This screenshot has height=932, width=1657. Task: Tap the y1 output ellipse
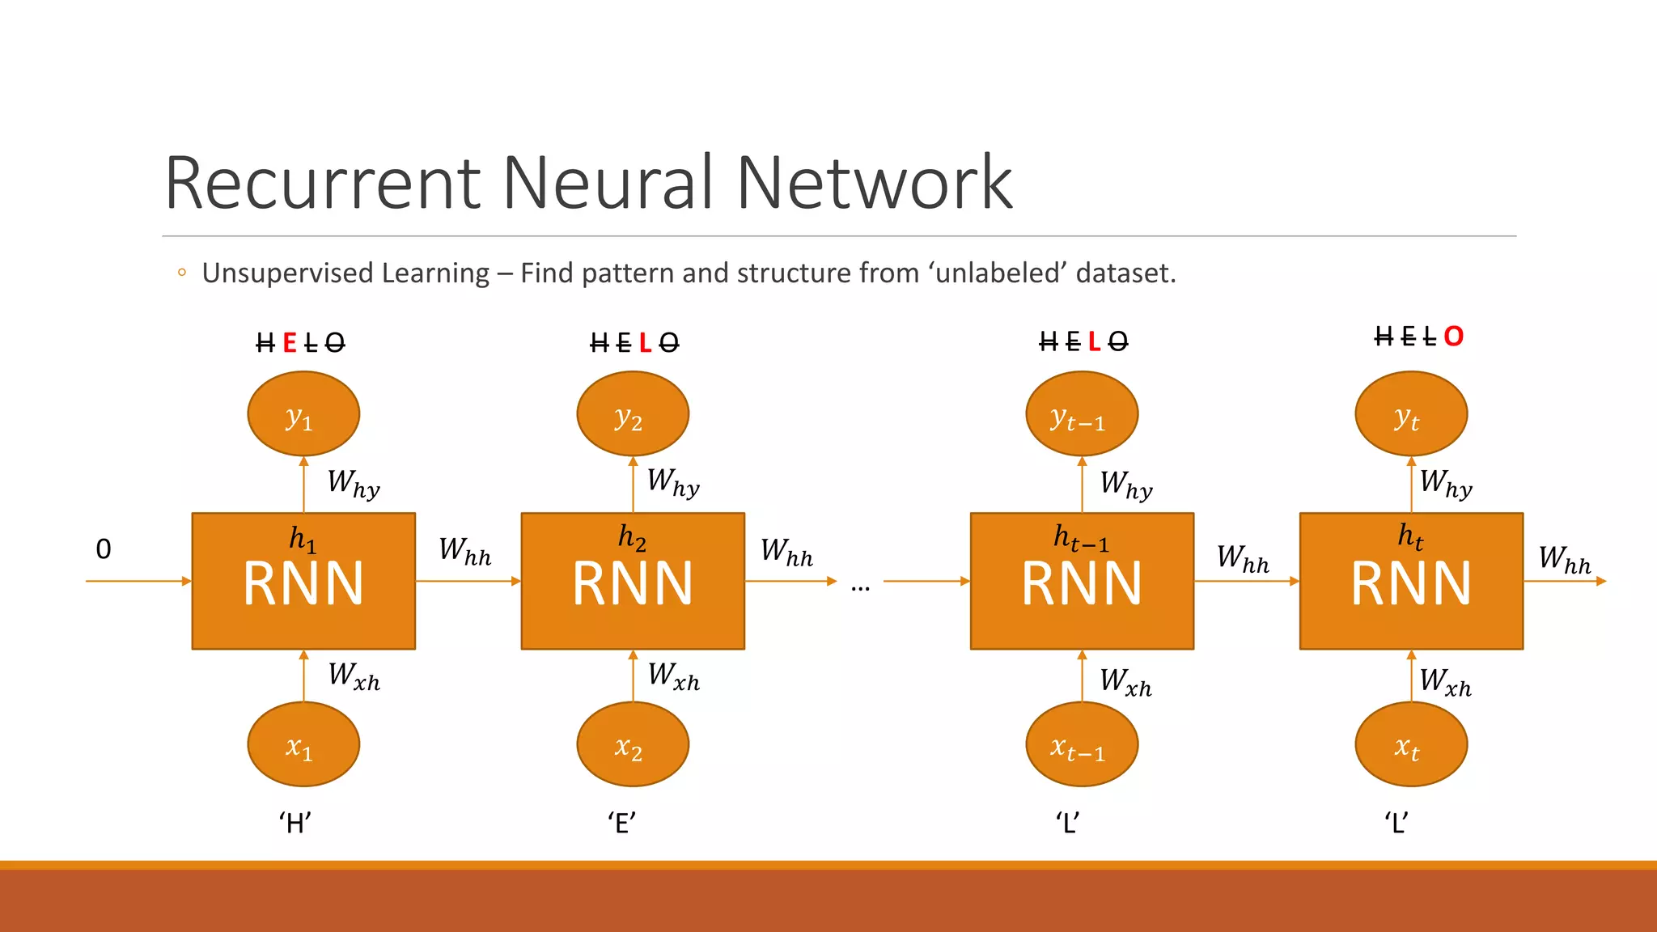click(x=303, y=414)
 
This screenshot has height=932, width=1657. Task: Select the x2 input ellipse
click(x=633, y=744)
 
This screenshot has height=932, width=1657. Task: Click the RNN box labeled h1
click(x=303, y=581)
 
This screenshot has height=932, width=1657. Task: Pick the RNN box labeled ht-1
click(x=1082, y=581)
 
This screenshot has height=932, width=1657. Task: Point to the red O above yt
click(x=1453, y=337)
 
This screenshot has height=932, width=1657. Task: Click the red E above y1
click(x=290, y=344)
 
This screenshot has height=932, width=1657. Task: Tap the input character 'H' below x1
click(x=295, y=824)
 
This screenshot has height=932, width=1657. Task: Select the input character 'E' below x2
click(x=622, y=824)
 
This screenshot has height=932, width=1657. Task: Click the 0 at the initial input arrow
click(x=104, y=549)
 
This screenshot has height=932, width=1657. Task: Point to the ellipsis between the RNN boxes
click(x=860, y=587)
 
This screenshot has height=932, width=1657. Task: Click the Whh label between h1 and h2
click(x=465, y=552)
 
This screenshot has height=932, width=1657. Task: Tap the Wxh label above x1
click(x=354, y=676)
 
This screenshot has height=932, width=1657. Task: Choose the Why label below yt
click(x=1446, y=484)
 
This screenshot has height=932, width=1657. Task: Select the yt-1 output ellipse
click(x=1082, y=414)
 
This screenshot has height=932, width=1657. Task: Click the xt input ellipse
click(x=1411, y=744)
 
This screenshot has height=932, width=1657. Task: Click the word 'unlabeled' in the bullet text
click(x=998, y=273)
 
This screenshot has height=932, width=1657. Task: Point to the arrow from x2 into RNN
click(x=633, y=676)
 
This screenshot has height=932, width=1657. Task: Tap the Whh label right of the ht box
click(x=1564, y=560)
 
